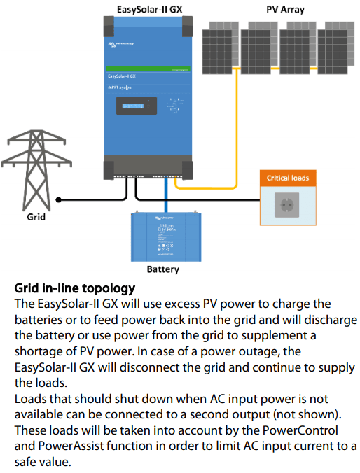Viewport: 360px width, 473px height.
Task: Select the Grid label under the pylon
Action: pos(36,217)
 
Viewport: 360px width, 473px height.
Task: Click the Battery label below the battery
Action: pos(162,269)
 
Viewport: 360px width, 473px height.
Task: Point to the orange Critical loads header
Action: pos(288,178)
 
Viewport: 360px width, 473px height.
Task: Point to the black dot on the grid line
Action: pos(59,199)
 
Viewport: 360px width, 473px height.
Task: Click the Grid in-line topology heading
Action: pos(75,288)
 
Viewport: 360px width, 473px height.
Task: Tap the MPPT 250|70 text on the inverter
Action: pos(122,86)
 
